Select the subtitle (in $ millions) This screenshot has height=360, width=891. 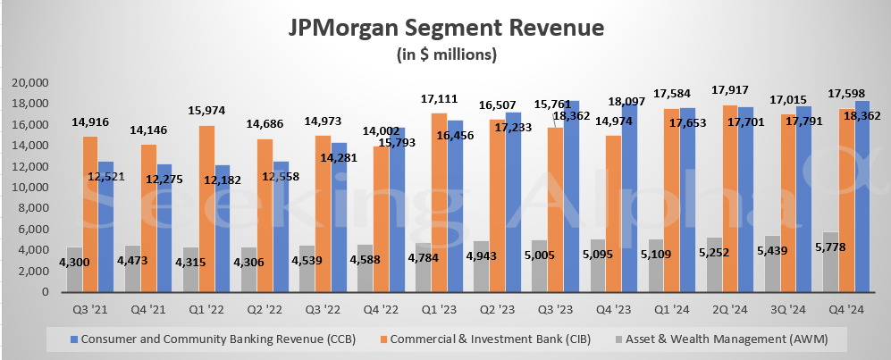(x=446, y=54)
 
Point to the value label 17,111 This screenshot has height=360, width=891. (x=440, y=96)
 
